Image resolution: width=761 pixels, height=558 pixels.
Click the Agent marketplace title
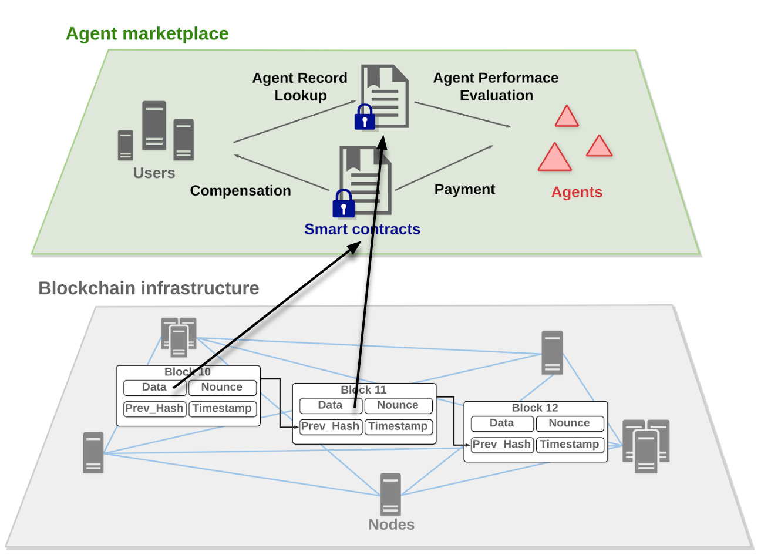point(147,33)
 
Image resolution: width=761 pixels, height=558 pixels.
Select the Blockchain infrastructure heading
point(149,288)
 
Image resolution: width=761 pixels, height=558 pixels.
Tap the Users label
point(154,173)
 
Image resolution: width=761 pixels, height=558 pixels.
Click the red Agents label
point(577,192)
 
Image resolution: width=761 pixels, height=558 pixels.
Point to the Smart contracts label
point(362,229)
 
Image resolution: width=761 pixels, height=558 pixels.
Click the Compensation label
point(240,191)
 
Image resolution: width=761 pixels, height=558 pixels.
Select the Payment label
point(464,189)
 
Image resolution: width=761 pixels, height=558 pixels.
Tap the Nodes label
point(391,525)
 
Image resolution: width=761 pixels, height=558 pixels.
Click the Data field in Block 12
point(502,423)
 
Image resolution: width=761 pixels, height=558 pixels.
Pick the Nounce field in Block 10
point(222,388)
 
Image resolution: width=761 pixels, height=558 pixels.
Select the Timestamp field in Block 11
point(398,426)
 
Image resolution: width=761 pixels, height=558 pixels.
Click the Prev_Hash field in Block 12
point(502,445)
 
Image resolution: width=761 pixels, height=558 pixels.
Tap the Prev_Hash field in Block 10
point(154,409)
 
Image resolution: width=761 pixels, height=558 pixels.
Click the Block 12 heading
point(535,408)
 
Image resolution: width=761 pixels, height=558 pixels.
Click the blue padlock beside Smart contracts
point(344,204)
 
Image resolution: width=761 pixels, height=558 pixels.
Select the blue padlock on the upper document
point(365,117)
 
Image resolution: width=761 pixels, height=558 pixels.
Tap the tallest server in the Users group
point(154,125)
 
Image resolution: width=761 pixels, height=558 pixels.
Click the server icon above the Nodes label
point(390,494)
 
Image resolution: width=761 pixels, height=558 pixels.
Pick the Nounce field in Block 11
point(398,405)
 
